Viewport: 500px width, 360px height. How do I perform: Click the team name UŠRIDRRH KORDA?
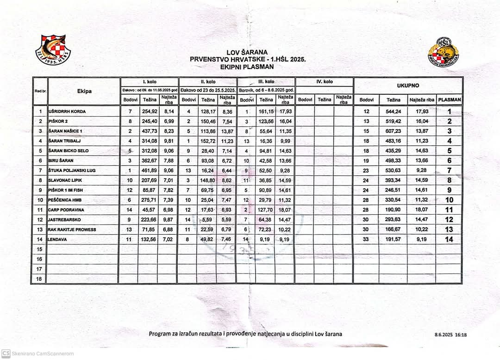click(67, 112)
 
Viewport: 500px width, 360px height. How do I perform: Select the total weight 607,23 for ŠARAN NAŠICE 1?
click(394, 131)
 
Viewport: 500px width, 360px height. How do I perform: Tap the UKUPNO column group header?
click(408, 86)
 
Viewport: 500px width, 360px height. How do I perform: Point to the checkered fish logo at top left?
click(53, 49)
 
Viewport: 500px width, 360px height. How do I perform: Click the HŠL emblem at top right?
click(443, 50)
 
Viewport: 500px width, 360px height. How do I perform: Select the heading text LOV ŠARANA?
click(247, 52)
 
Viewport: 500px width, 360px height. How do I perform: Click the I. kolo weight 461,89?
click(149, 170)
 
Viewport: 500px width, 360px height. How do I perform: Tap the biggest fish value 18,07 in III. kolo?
click(285, 210)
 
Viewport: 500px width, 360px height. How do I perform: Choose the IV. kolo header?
click(324, 81)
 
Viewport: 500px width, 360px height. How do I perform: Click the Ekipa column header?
click(84, 91)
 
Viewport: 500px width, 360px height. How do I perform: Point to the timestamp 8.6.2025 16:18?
click(450, 334)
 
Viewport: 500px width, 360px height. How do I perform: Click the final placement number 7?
click(449, 170)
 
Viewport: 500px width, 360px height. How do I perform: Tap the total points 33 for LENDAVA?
click(366, 239)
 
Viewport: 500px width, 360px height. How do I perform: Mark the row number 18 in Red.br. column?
click(40, 279)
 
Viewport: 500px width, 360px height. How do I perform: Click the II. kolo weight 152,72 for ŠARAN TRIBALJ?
click(208, 141)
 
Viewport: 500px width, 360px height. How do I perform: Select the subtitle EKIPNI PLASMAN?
click(247, 66)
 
